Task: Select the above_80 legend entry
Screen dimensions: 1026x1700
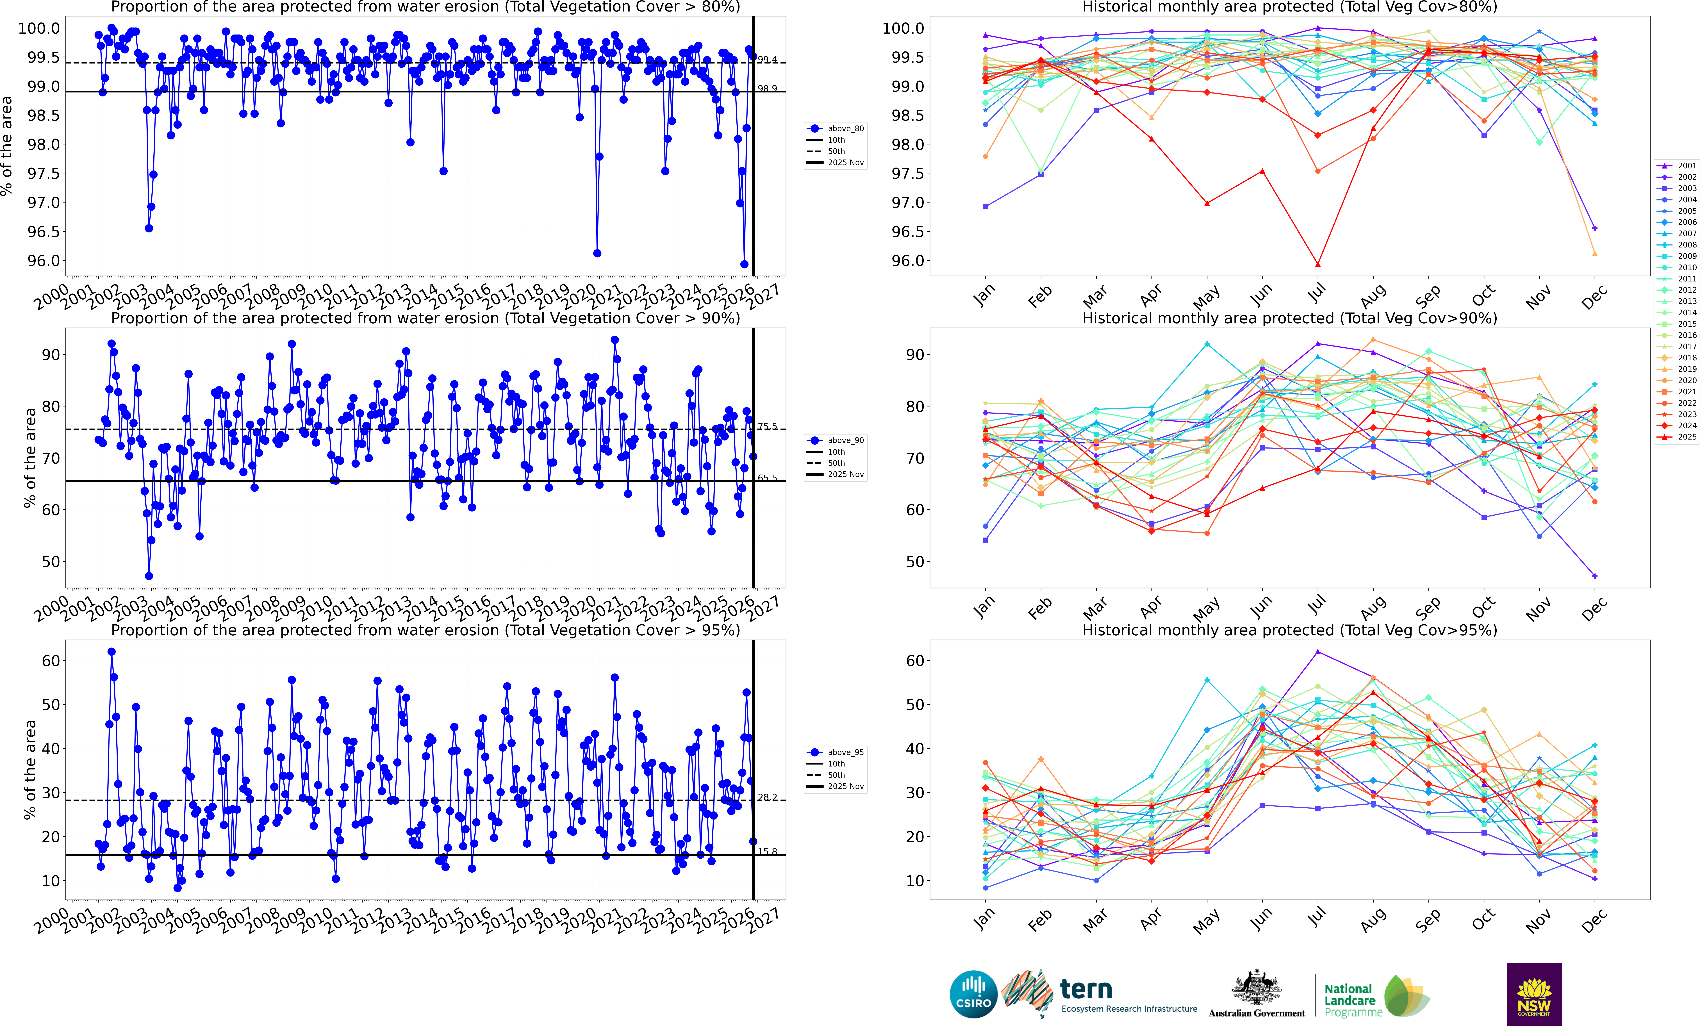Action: pos(836,128)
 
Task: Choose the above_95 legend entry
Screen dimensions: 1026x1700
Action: pos(836,752)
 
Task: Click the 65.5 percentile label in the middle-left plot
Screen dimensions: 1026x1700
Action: pos(767,477)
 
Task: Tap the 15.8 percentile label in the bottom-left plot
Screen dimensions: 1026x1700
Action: pos(767,851)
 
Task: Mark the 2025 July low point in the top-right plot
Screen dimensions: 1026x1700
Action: pos(1318,264)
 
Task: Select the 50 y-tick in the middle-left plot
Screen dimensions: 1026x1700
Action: pos(51,562)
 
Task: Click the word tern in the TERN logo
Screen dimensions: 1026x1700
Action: pos(1086,989)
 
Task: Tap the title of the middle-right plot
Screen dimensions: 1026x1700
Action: pos(1289,318)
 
